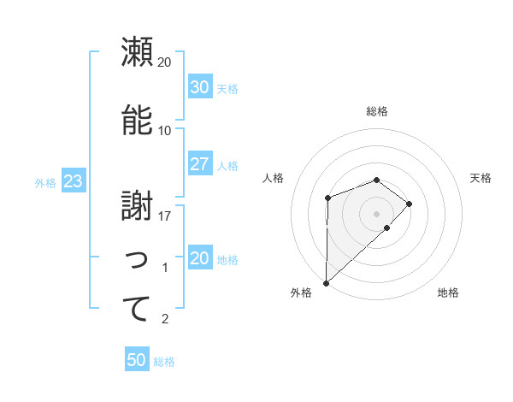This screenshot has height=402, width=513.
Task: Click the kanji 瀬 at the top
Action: click(x=136, y=52)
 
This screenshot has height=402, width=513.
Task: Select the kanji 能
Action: click(x=136, y=121)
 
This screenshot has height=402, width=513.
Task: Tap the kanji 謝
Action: click(x=136, y=206)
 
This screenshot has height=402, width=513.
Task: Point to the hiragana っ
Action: click(x=137, y=260)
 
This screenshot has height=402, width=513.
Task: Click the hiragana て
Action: click(x=136, y=309)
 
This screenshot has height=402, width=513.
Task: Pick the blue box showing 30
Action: click(x=199, y=87)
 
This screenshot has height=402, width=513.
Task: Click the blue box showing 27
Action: click(x=199, y=164)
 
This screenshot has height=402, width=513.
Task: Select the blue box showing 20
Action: click(x=199, y=258)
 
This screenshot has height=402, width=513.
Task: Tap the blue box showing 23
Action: click(x=73, y=181)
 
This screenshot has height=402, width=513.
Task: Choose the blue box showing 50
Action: click(x=137, y=360)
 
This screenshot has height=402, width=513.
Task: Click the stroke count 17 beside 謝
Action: click(x=165, y=216)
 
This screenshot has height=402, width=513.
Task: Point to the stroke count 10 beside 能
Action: click(x=165, y=131)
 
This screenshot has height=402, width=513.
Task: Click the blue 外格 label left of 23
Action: click(x=45, y=182)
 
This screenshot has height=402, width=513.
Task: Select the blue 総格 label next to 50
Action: click(x=164, y=361)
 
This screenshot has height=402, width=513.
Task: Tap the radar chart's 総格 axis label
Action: click(x=376, y=111)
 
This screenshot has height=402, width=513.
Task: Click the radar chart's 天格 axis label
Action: click(x=481, y=178)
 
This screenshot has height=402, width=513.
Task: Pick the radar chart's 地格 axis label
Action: click(x=448, y=293)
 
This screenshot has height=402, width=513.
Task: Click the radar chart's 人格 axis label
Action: click(x=274, y=178)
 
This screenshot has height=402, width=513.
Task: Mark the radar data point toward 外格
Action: click(x=326, y=282)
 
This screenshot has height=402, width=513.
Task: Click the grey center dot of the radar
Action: click(x=376, y=213)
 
